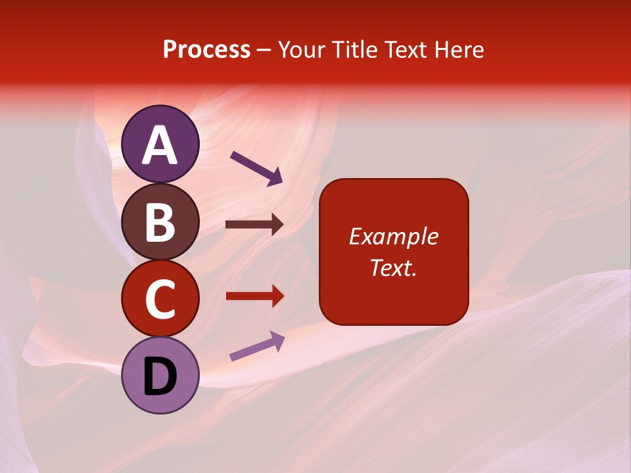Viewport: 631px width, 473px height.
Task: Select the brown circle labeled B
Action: coord(160,221)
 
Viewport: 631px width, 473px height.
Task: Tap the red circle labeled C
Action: coord(160,299)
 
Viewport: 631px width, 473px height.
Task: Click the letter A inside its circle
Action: coord(160,145)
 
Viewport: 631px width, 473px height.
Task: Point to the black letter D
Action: coord(160,376)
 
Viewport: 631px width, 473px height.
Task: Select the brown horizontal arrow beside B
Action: coord(254,225)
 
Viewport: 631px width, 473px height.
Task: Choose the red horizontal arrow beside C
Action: coord(254,296)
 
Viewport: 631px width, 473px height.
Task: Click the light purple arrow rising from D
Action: coord(256,346)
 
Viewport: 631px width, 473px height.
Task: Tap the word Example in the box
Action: coord(394,236)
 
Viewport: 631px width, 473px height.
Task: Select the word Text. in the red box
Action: coord(394,267)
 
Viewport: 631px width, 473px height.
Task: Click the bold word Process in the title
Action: coord(206,49)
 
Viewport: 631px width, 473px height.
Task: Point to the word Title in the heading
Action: coord(352,49)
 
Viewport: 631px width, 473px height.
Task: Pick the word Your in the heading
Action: coord(303,49)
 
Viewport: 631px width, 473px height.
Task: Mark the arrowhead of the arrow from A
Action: coord(275,177)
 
